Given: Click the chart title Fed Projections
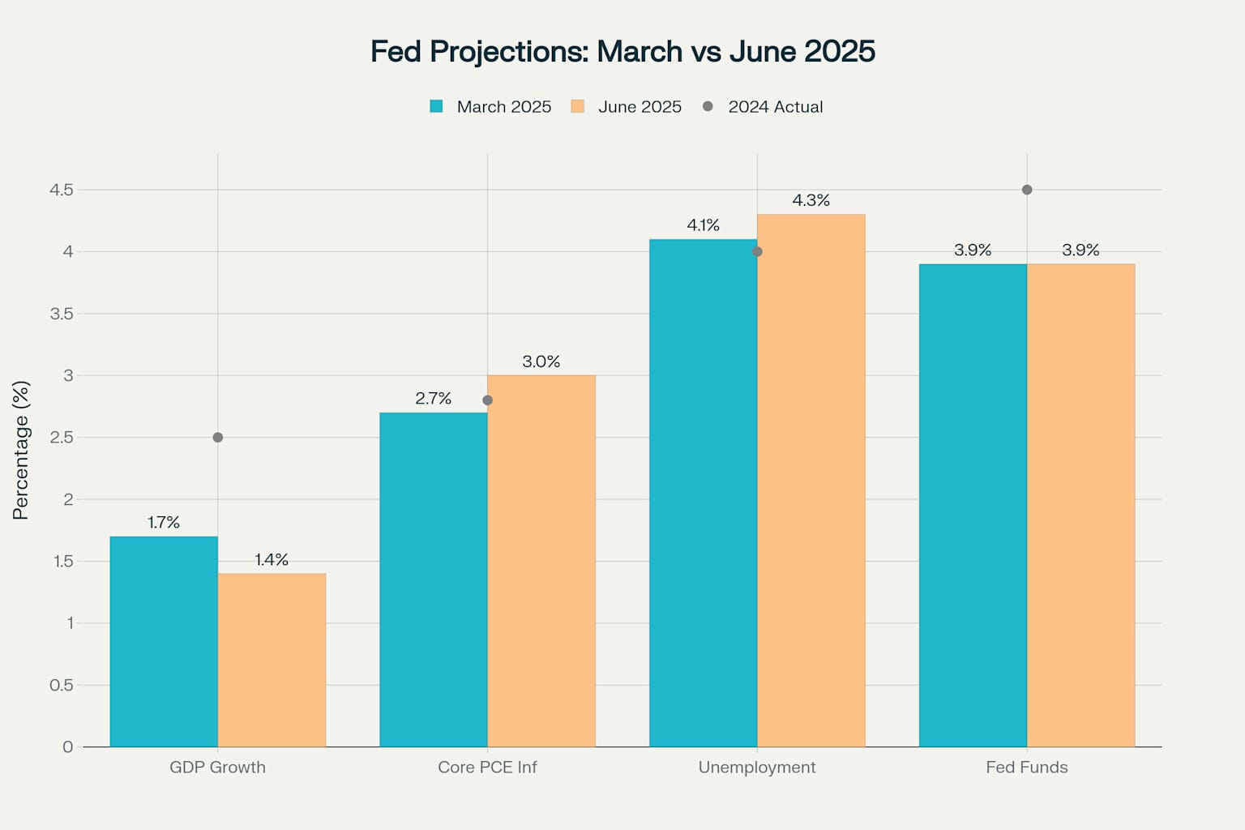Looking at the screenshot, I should (x=622, y=51).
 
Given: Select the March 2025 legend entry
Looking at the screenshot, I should (x=490, y=107).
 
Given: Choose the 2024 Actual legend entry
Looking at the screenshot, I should (x=763, y=107).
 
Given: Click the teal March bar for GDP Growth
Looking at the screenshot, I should (x=164, y=641).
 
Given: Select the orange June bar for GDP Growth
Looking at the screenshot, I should (x=272, y=660).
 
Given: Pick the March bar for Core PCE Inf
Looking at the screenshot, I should (x=434, y=580).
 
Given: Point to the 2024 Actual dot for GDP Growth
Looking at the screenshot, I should (x=217, y=438).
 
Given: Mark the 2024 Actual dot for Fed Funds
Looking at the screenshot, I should (x=1027, y=190).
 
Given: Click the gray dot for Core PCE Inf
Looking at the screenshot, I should (x=487, y=400).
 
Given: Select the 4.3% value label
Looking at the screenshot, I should (x=811, y=200).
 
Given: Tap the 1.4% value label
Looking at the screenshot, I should (x=272, y=559).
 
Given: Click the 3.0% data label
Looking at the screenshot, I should (x=541, y=362).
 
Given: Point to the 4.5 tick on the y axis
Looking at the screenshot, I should (x=61, y=190).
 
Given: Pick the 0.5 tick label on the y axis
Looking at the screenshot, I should (x=61, y=685).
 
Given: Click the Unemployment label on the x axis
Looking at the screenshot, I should (x=757, y=767).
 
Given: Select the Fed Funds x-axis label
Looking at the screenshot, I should (x=1027, y=767).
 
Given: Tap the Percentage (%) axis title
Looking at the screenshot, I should (x=21, y=450).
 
